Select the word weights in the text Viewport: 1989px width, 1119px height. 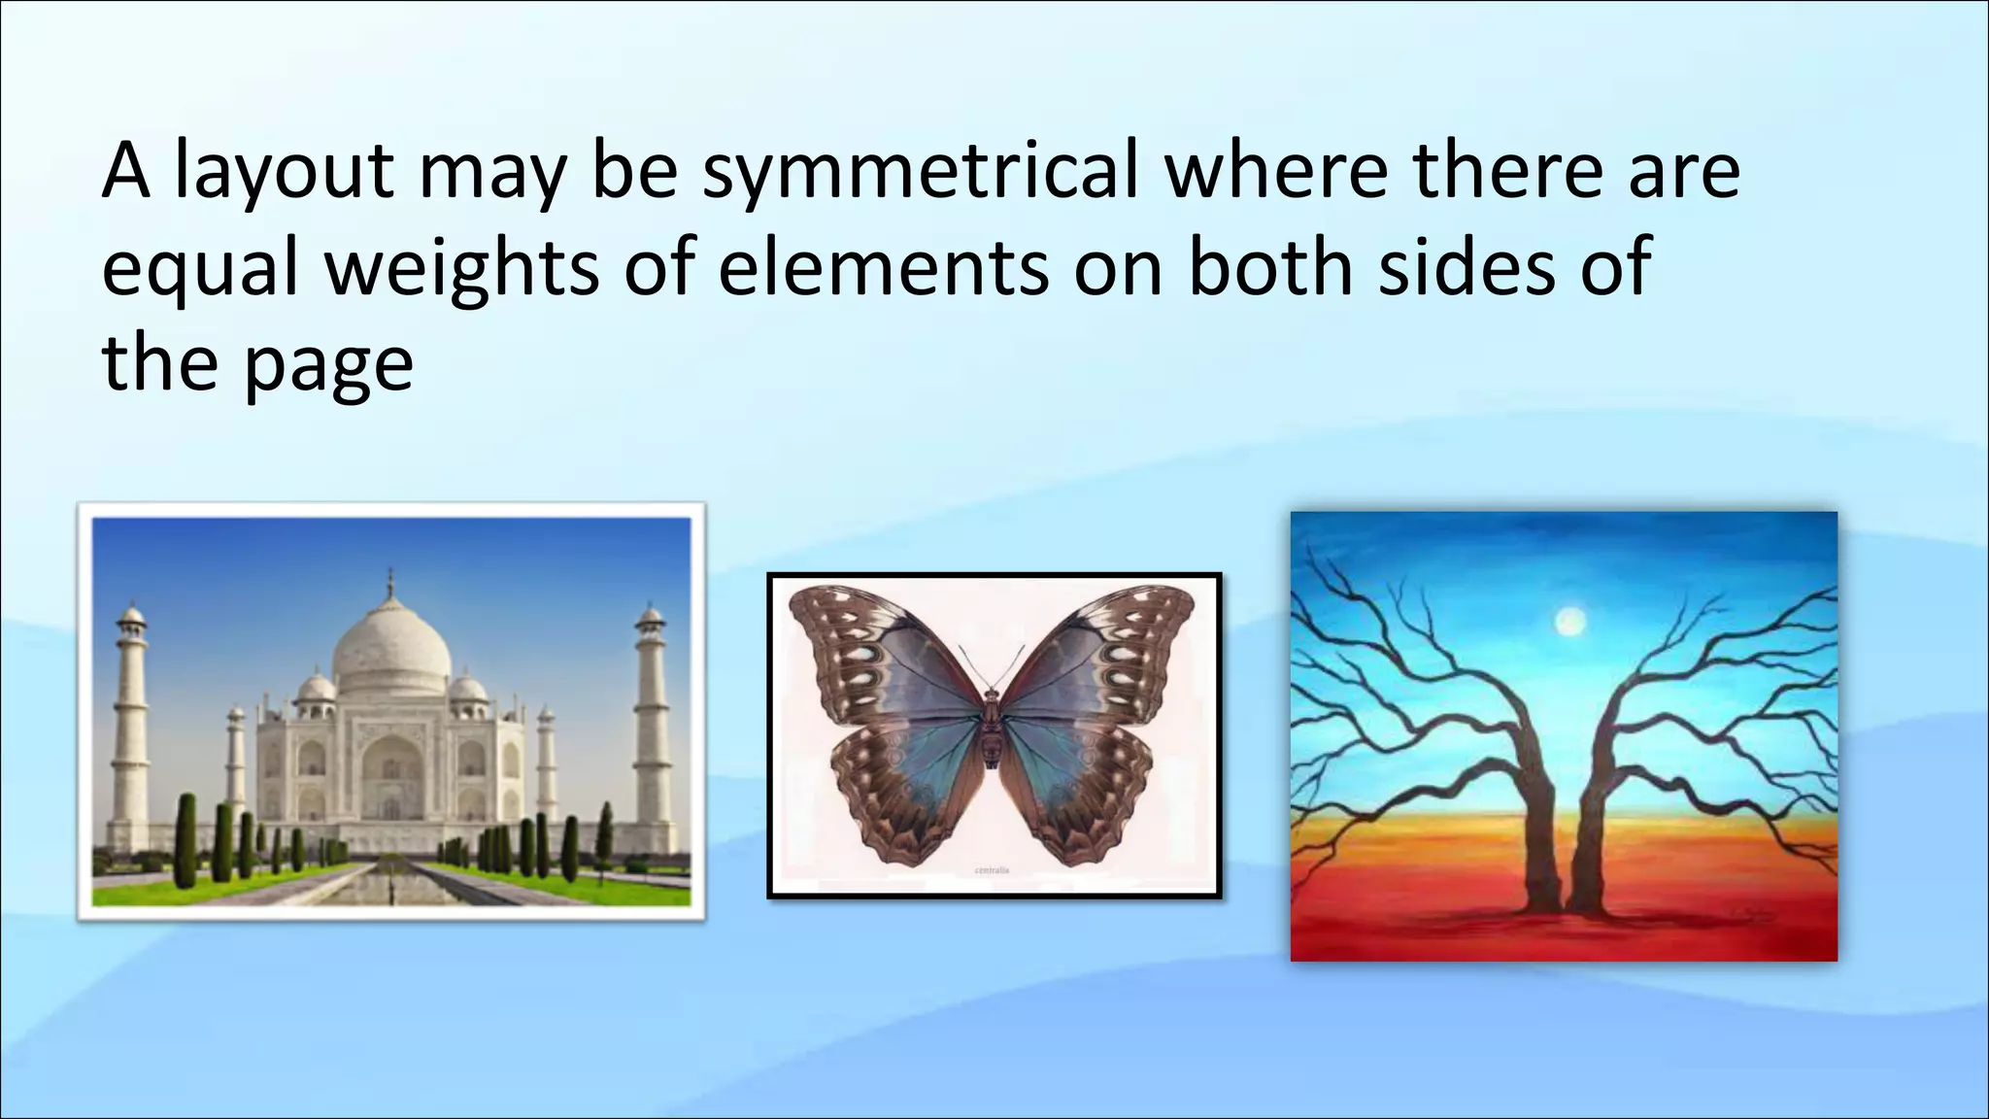coord(460,268)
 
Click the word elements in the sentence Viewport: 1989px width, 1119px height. coord(884,268)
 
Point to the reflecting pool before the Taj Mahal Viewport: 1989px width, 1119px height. coord(391,879)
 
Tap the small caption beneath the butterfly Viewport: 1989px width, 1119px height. coord(992,870)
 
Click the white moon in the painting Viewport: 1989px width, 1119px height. coord(1569,621)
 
